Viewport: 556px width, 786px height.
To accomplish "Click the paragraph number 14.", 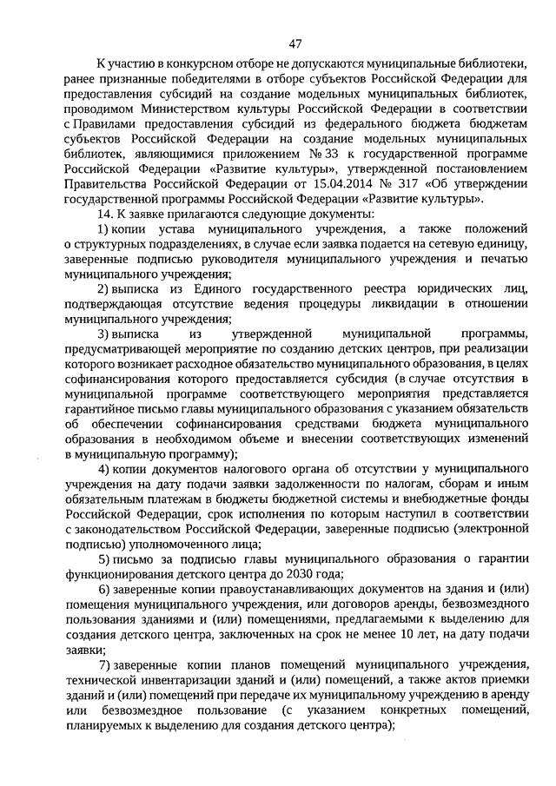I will (x=104, y=215).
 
